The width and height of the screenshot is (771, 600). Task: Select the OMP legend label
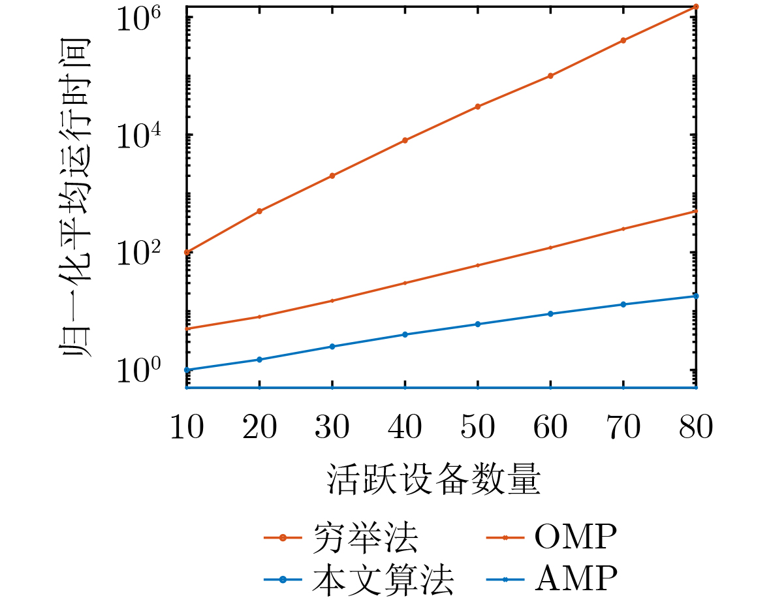(575, 538)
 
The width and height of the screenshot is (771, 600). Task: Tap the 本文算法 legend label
(383, 578)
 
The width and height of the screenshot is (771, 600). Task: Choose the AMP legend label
(575, 578)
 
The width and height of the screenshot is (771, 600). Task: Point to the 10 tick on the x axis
(187, 430)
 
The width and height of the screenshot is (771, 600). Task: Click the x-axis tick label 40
(405, 430)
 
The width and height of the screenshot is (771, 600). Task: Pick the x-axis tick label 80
(696, 430)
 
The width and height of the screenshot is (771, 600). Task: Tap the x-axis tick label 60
(550, 430)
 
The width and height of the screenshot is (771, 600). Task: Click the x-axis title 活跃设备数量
(434, 481)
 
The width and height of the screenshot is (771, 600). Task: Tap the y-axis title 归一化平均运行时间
(76, 196)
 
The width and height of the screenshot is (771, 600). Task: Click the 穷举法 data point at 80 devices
(696, 7)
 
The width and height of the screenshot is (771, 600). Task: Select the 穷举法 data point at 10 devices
(187, 252)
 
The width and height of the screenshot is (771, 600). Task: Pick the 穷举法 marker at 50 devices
(478, 106)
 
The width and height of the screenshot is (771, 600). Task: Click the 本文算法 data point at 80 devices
(696, 296)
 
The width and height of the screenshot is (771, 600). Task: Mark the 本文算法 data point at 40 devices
(405, 334)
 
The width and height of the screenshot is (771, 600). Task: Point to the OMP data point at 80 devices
(696, 211)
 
